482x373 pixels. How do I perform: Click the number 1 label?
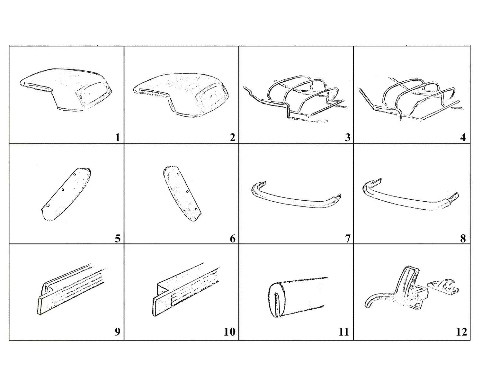118,138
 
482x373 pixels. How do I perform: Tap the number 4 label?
463,138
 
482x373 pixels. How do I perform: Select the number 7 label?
348,239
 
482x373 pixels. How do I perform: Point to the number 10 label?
229,332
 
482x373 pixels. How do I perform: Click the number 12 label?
461,332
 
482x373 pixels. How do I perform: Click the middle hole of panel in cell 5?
63,190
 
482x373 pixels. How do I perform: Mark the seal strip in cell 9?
71,290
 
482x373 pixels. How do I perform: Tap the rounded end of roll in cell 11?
276,300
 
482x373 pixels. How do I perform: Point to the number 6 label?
233,239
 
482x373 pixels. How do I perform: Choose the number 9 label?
118,332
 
